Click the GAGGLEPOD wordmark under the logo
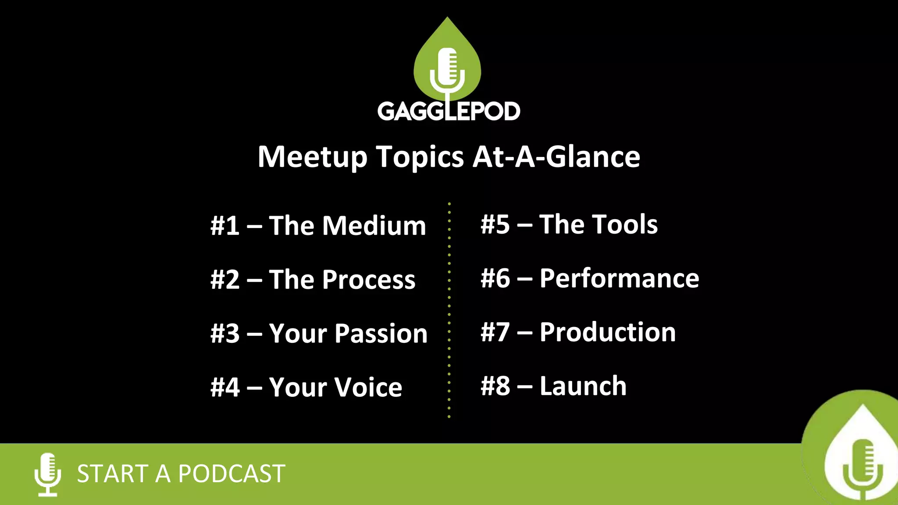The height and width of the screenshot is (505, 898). (x=449, y=111)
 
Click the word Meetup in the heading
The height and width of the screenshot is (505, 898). (x=312, y=157)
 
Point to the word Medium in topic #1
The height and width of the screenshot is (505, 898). (x=374, y=226)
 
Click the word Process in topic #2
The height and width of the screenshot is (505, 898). (x=369, y=280)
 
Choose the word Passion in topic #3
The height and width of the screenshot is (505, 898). (x=381, y=334)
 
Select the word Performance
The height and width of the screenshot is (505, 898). (x=619, y=278)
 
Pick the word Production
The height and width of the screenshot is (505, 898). (x=608, y=332)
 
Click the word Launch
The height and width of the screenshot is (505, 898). (x=583, y=386)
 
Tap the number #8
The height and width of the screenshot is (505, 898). (x=495, y=386)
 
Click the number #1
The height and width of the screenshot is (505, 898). (x=225, y=226)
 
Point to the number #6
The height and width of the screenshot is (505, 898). (x=495, y=278)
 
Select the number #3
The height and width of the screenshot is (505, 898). (x=225, y=334)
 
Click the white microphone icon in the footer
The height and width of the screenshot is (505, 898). (x=48, y=474)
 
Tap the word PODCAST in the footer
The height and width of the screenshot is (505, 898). (x=232, y=474)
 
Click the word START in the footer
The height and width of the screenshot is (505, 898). (x=112, y=474)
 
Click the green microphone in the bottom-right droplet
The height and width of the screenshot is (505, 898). (x=862, y=469)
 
